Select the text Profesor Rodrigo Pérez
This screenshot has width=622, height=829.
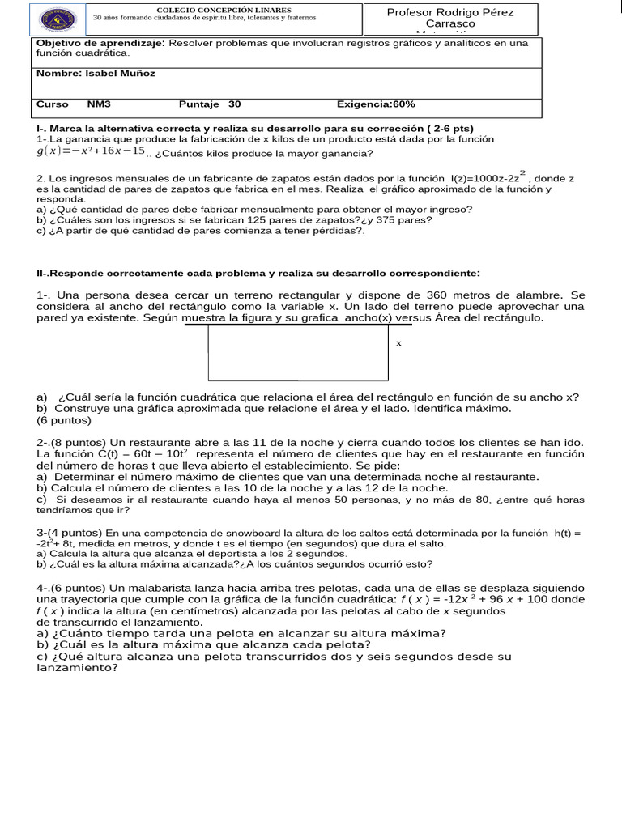pos(450,12)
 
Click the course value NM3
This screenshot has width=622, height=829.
pos(99,104)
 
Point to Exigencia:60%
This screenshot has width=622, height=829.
pos(376,104)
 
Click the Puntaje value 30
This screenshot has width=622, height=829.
pos(235,104)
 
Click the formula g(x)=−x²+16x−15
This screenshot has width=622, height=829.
pos(91,151)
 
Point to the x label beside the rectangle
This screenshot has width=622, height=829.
pos(398,343)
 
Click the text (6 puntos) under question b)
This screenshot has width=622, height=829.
pos(64,420)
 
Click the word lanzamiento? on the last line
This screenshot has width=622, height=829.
pos(77,668)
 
